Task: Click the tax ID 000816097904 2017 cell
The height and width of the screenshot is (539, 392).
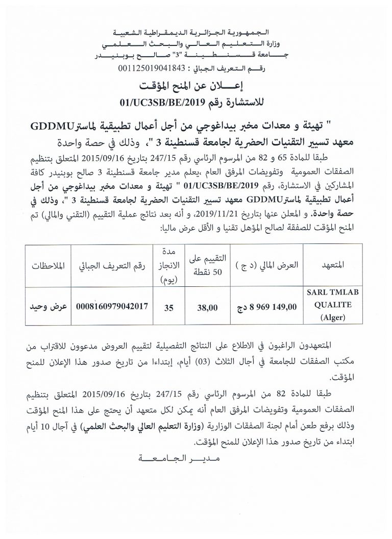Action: pyautogui.click(x=112, y=307)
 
